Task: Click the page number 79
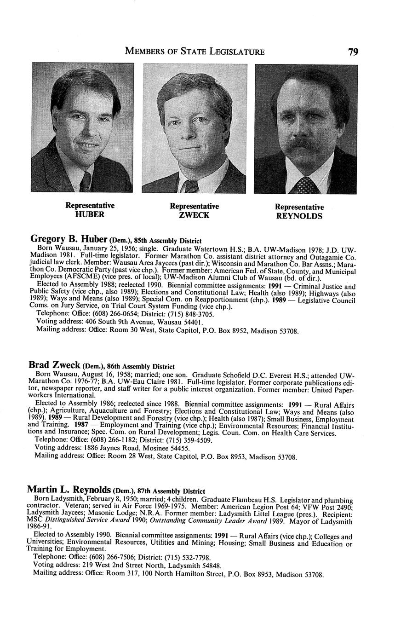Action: coord(353,52)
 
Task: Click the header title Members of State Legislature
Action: coord(195,52)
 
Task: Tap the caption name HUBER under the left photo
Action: coord(90,214)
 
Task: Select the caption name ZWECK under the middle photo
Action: coord(194,215)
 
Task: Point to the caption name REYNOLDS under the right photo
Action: coord(299,216)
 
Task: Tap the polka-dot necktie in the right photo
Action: coord(305,185)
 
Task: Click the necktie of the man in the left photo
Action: coord(86,182)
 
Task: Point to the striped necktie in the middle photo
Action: coord(191,186)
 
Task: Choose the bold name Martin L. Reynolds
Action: coord(69,490)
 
